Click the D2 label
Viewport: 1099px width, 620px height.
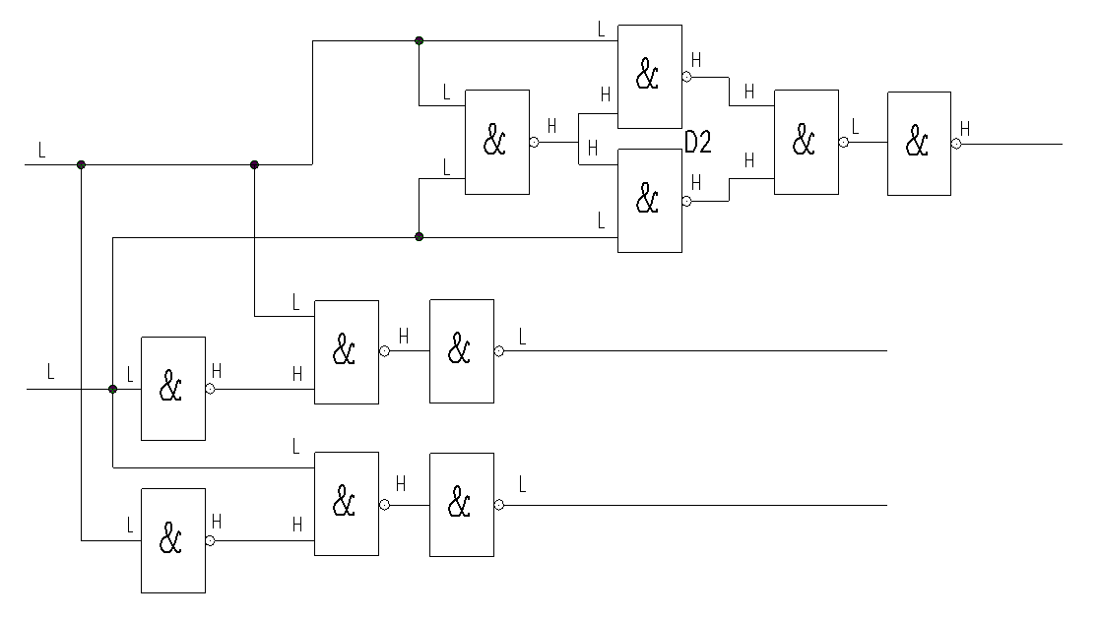pos(698,143)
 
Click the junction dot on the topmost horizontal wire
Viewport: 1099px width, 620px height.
pos(419,40)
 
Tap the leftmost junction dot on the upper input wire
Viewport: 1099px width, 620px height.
pos(81,164)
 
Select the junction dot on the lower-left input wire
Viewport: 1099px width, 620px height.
pos(112,389)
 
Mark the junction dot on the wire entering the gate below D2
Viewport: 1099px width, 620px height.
pos(419,236)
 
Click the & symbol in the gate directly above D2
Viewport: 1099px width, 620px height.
pos(647,76)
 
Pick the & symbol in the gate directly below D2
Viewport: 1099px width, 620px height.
pos(647,200)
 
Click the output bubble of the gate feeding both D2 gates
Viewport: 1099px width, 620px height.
pos(534,142)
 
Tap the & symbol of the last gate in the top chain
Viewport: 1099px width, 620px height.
pos(917,143)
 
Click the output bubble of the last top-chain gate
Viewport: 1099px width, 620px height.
pos(956,143)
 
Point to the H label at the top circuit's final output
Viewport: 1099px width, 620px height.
pos(965,128)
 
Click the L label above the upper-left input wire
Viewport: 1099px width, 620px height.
pos(41,151)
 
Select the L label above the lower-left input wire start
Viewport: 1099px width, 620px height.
pos(51,373)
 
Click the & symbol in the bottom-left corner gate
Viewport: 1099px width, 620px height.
pos(171,539)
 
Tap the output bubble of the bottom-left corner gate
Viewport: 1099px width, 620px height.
pos(210,540)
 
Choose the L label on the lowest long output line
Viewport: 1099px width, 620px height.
pos(522,484)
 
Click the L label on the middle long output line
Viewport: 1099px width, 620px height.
pos(522,338)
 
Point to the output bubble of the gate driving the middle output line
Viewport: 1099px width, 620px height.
pos(499,350)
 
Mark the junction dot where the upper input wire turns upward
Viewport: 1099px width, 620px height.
pos(254,164)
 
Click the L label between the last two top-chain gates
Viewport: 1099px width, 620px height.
pos(855,127)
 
